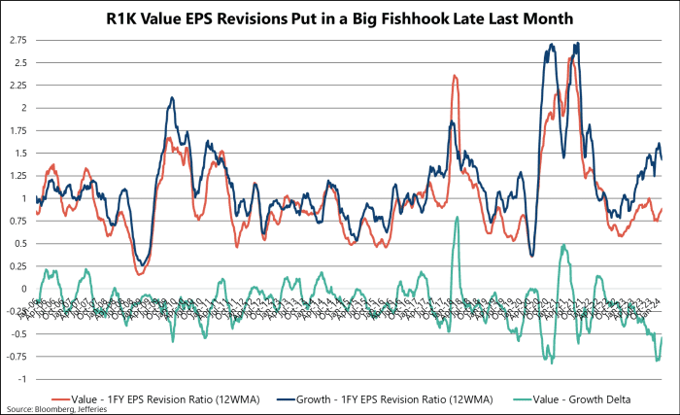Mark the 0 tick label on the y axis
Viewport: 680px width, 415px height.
point(25,289)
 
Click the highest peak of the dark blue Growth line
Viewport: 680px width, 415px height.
point(577,43)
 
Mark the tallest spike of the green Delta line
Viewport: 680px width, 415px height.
point(457,218)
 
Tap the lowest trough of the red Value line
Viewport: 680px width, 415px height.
point(141,274)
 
